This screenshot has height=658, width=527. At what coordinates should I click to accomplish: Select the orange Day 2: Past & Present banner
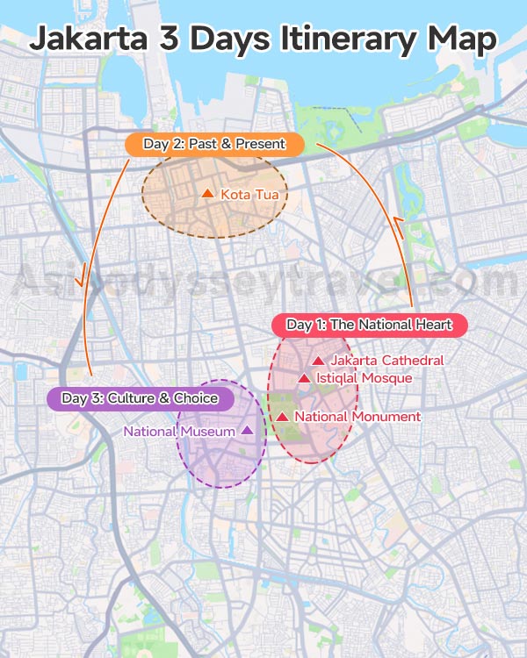pos(214,143)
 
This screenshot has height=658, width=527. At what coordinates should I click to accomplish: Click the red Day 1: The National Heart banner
pos(369,325)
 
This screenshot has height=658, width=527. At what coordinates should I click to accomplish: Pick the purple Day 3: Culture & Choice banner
pos(140,398)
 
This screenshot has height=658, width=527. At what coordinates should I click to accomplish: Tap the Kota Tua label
pos(255,194)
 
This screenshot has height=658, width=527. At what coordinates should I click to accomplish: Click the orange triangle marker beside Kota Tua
pos(207,193)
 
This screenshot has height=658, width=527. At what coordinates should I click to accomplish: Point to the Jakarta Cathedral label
pos(386,361)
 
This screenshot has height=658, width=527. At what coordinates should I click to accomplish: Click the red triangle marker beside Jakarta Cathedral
pos(317,361)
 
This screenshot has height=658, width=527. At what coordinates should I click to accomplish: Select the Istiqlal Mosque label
pos(364,378)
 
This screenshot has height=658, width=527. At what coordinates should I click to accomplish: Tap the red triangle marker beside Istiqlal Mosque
pos(304,378)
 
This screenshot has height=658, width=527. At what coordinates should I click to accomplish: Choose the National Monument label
pos(357,417)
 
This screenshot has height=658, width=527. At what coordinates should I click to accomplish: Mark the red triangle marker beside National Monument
pos(283,417)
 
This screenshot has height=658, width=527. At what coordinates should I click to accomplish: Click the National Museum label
pos(179,431)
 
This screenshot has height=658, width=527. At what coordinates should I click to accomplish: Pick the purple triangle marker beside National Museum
pos(247,430)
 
